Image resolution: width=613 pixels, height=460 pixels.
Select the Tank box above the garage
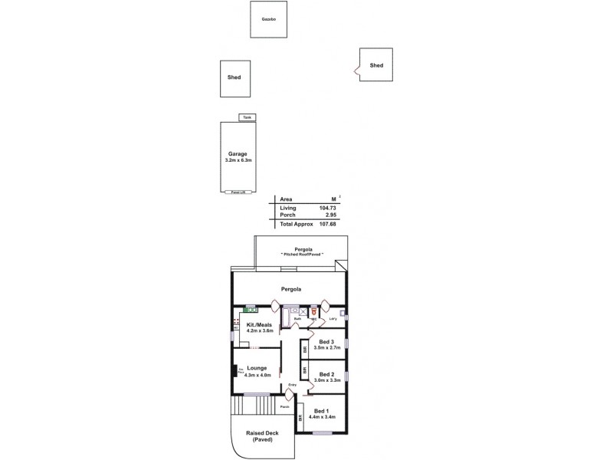pyautogui.click(x=247, y=117)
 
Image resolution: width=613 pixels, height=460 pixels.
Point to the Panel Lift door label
pyautogui.click(x=238, y=192)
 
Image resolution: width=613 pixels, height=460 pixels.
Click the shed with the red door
pyautogui.click(x=375, y=65)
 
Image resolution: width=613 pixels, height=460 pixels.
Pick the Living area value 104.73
pyautogui.click(x=327, y=208)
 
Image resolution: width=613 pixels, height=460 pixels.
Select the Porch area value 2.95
pyautogui.click(x=331, y=215)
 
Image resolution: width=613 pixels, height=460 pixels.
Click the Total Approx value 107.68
pyautogui.click(x=327, y=224)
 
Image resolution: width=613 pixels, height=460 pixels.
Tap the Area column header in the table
pyautogui.click(x=287, y=199)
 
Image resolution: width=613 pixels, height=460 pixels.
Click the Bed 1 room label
pyautogui.click(x=320, y=410)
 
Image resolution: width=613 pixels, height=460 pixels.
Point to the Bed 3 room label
pyautogui.click(x=326, y=341)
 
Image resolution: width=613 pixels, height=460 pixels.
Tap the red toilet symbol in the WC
pyautogui.click(x=314, y=312)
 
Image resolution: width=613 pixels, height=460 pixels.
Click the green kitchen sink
pyautogui.click(x=250, y=309)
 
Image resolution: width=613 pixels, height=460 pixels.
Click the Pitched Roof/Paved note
pyautogui.click(x=302, y=254)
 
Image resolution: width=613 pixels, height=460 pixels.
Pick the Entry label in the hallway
pyautogui.click(x=292, y=384)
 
